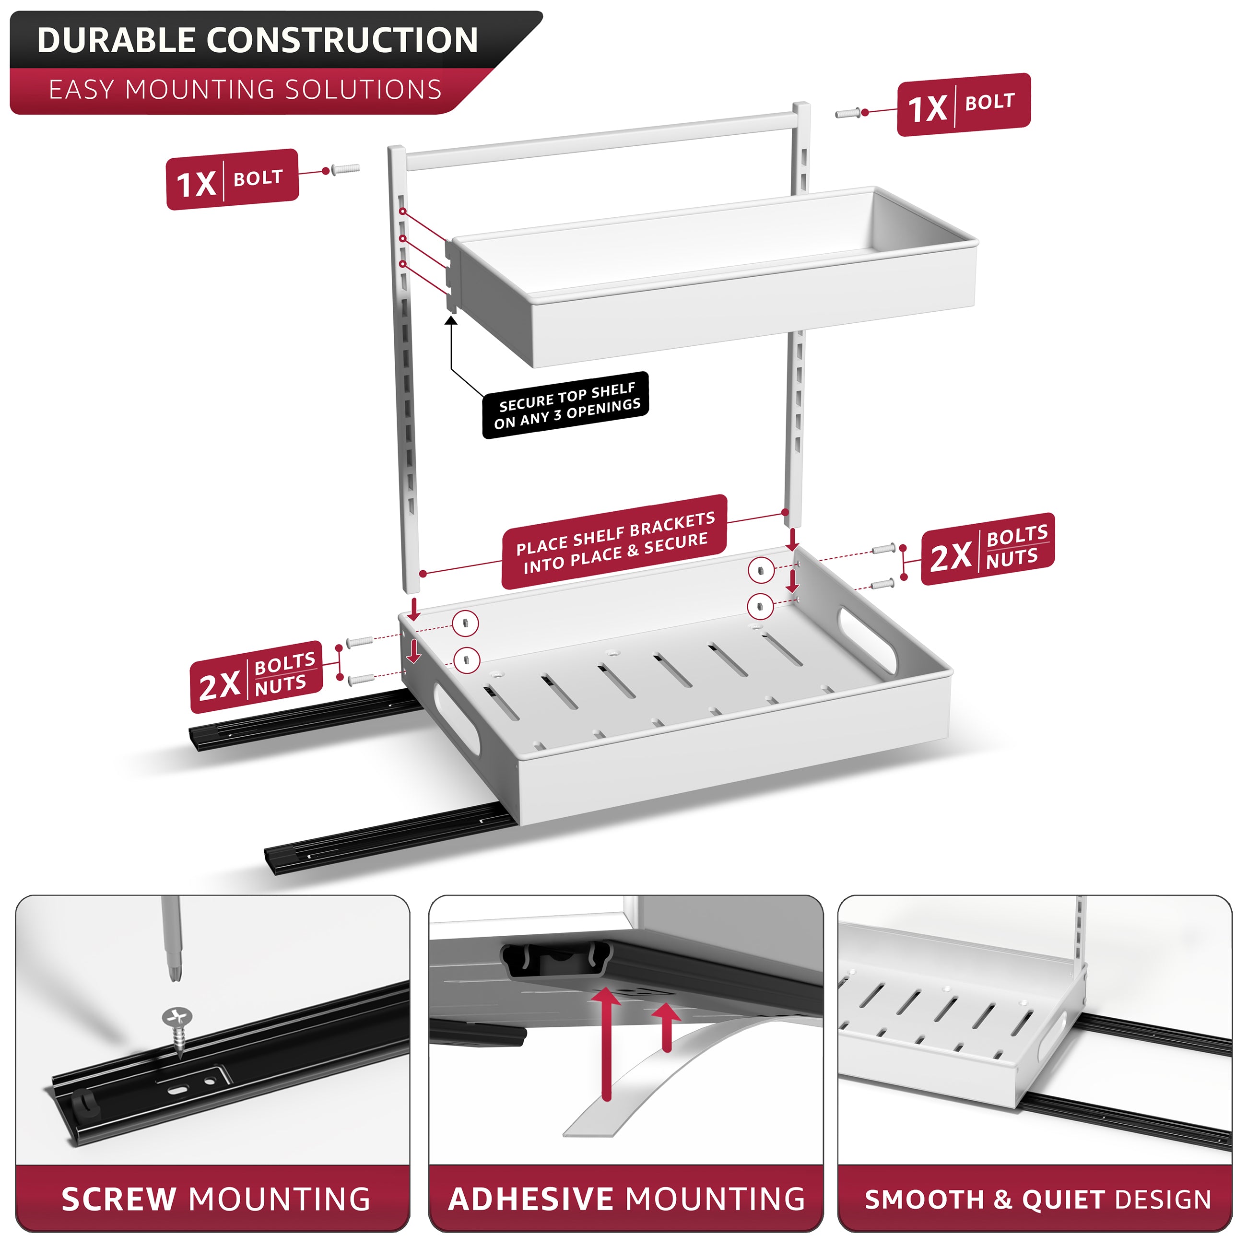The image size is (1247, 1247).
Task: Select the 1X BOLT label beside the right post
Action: click(x=964, y=105)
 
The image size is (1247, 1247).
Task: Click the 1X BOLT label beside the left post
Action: click(x=232, y=179)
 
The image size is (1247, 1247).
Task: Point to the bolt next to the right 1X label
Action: click(x=849, y=113)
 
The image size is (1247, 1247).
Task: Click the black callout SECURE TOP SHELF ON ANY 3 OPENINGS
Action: click(x=566, y=405)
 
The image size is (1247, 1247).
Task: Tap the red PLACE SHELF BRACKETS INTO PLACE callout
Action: click(x=614, y=542)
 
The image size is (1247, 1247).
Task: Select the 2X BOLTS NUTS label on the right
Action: click(x=988, y=549)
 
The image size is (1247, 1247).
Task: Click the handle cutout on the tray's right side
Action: click(x=867, y=640)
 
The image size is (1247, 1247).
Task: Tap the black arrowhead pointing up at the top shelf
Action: click(x=451, y=319)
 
